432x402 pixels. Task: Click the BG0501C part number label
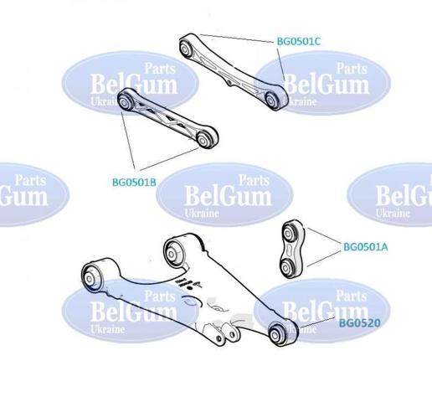click(299, 41)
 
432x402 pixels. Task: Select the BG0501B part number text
click(134, 183)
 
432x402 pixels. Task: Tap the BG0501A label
click(365, 247)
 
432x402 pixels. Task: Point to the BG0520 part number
click(360, 323)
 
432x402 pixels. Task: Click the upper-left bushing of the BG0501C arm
click(184, 49)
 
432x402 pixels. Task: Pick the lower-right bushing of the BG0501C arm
click(271, 99)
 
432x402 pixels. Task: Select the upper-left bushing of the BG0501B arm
click(124, 102)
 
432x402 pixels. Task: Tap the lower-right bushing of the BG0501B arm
click(203, 139)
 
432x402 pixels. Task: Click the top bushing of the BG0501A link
click(288, 232)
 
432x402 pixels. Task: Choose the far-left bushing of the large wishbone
click(90, 278)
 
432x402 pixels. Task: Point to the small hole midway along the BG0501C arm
click(229, 83)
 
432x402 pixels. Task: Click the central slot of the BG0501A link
click(290, 249)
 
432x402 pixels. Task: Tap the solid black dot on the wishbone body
click(191, 288)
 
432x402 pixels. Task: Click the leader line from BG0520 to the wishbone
click(317, 322)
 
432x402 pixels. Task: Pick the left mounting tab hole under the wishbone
click(219, 339)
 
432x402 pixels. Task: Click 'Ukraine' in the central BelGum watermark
click(202, 214)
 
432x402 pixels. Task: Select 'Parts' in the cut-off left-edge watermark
click(30, 180)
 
